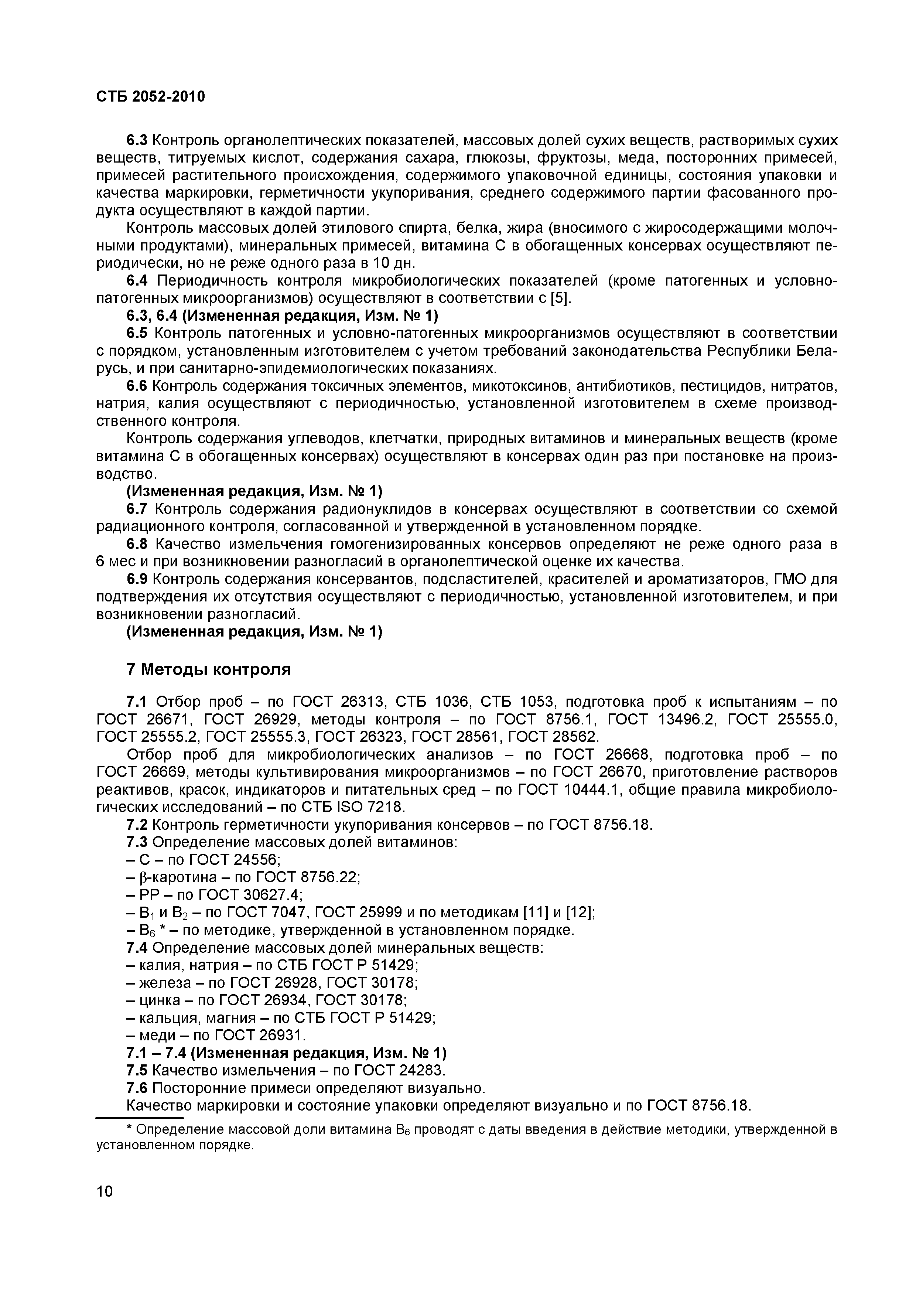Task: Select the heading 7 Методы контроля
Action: point(209,669)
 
